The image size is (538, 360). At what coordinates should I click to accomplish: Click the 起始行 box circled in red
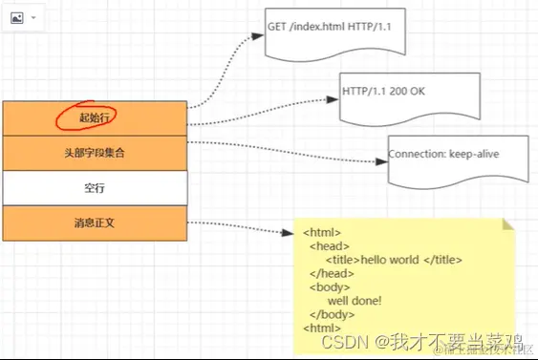point(94,116)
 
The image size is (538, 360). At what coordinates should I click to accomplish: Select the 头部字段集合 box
point(94,152)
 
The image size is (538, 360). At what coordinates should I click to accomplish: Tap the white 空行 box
point(94,188)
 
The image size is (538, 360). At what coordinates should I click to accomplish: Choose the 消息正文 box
point(94,223)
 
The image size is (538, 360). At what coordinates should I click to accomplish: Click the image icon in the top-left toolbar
point(16,17)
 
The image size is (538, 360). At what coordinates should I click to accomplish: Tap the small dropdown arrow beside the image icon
point(33,18)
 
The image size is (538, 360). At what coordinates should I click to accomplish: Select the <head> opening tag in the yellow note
point(328,245)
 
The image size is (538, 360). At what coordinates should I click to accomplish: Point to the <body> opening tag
point(329,286)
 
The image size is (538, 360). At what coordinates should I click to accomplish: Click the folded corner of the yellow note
point(508,224)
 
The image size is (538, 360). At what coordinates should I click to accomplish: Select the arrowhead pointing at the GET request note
point(258,35)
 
